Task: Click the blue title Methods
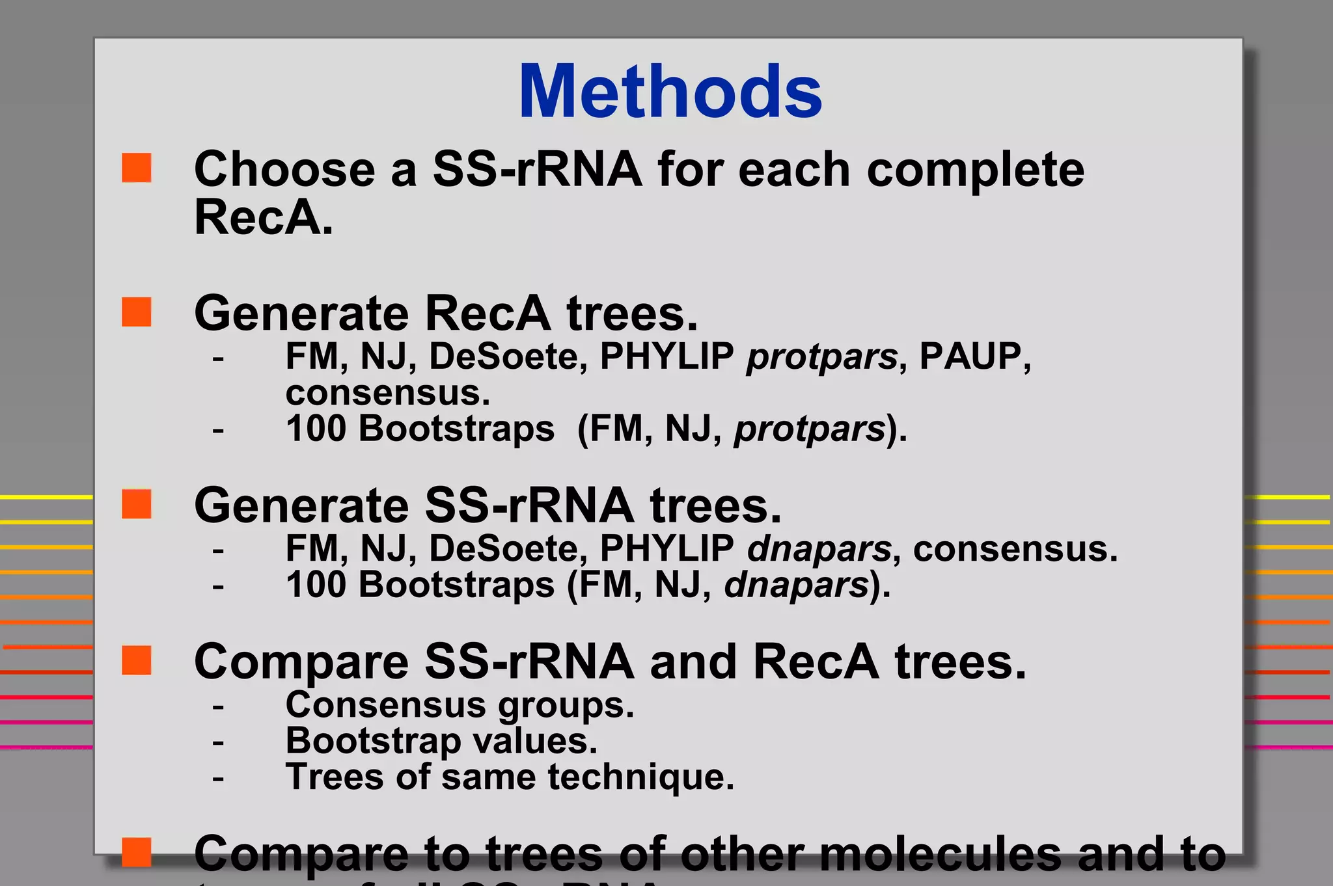(x=670, y=92)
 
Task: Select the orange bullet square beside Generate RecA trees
(x=137, y=312)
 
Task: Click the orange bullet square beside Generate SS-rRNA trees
(x=137, y=504)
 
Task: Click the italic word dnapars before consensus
(x=819, y=548)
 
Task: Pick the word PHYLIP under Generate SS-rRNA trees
(x=666, y=548)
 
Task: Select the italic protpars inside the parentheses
(x=810, y=430)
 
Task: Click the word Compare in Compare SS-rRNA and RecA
(x=301, y=662)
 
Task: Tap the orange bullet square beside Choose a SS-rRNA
(x=137, y=168)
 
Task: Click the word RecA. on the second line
(x=264, y=217)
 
